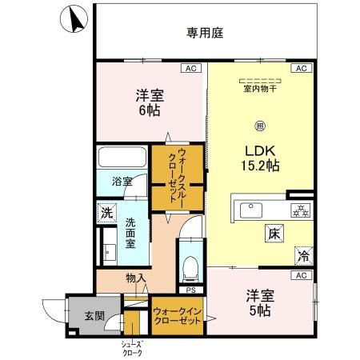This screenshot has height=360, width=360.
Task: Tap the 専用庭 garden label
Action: [205, 33]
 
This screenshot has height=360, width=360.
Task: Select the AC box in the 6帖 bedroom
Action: [190, 70]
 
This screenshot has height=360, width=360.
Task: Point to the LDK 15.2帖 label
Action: [262, 158]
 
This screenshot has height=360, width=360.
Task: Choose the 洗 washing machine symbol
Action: [106, 213]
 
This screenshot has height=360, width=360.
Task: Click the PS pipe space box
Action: [190, 290]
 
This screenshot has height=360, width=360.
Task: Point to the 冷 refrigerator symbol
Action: [303, 256]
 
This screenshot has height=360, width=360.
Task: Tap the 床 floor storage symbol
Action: [273, 234]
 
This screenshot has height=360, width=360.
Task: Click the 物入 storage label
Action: [135, 278]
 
